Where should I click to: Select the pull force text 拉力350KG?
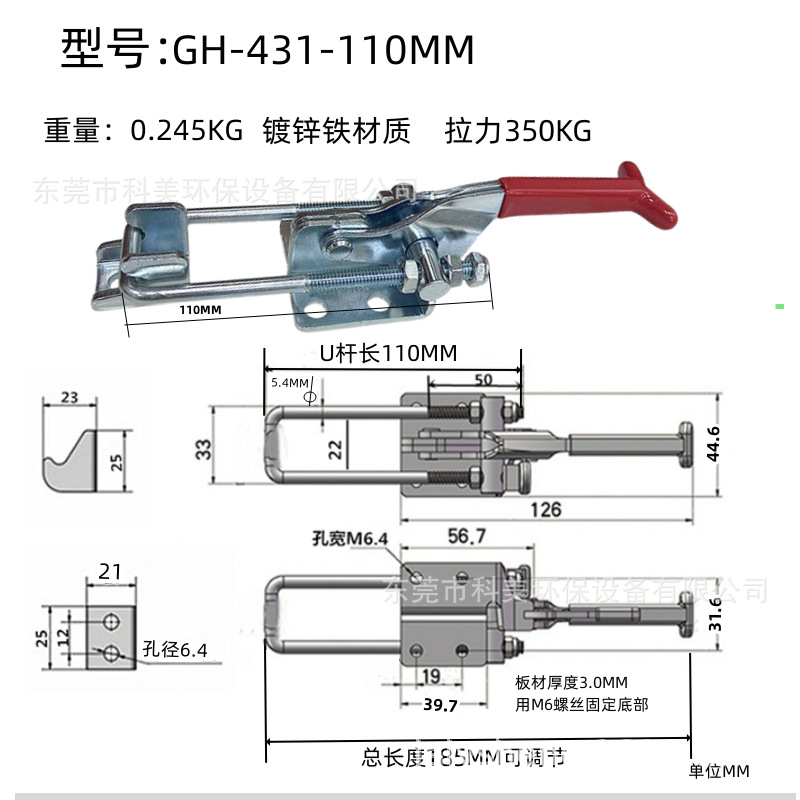[x=518, y=131]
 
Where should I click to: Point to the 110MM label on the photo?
[x=200, y=310]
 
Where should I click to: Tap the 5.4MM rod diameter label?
[x=289, y=382]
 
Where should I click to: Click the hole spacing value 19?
[x=430, y=676]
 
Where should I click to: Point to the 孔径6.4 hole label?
[x=175, y=650]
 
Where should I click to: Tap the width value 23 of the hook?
[x=70, y=397]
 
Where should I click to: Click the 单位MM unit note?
[x=720, y=771]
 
